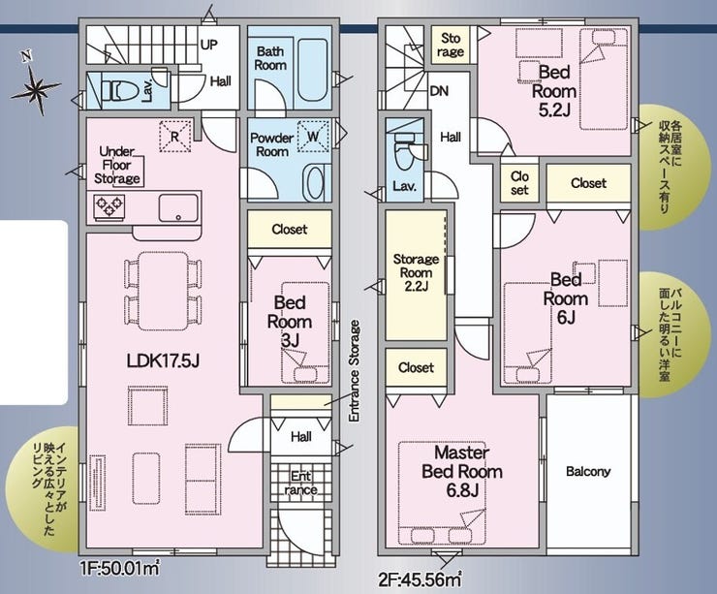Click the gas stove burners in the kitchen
point(109,205)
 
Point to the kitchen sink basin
point(179,207)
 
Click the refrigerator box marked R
point(175,136)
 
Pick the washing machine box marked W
point(313,137)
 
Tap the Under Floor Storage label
point(117,165)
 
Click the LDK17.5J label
point(163,361)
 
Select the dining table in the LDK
point(163,291)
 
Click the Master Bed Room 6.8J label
point(462,471)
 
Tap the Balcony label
point(588,472)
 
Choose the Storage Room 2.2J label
point(416,272)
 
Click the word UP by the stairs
point(209,45)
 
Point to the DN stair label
point(439,91)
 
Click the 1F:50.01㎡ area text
point(120,570)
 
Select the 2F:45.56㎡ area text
point(420,579)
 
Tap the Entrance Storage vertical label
point(355,371)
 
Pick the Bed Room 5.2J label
point(553,91)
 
